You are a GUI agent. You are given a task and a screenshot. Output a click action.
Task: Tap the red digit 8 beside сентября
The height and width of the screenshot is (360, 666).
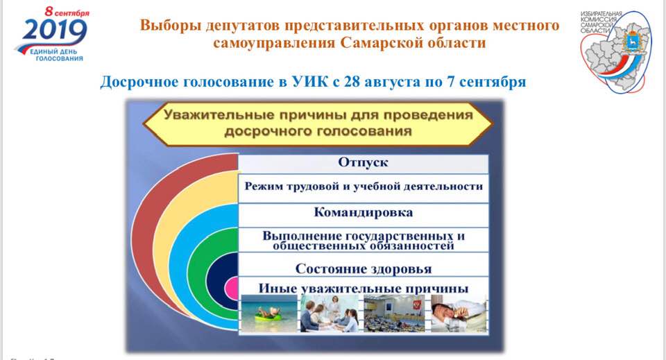point(49,12)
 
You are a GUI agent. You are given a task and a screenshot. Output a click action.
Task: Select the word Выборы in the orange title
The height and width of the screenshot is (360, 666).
point(171,26)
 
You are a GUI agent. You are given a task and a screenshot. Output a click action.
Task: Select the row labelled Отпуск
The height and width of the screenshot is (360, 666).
point(363,163)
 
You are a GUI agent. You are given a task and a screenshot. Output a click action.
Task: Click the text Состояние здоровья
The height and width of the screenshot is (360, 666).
point(364,268)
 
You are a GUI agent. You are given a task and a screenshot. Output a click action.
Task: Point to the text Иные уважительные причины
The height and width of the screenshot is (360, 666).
point(364,289)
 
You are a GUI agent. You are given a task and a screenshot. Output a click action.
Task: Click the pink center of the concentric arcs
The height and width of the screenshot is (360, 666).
point(232,289)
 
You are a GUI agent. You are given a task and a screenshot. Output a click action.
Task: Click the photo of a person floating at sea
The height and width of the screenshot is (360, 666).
point(269,314)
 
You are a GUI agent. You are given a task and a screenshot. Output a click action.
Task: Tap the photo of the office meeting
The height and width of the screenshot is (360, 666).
point(329,314)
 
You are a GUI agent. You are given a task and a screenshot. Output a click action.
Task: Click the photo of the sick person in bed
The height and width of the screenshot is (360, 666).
point(459,314)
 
